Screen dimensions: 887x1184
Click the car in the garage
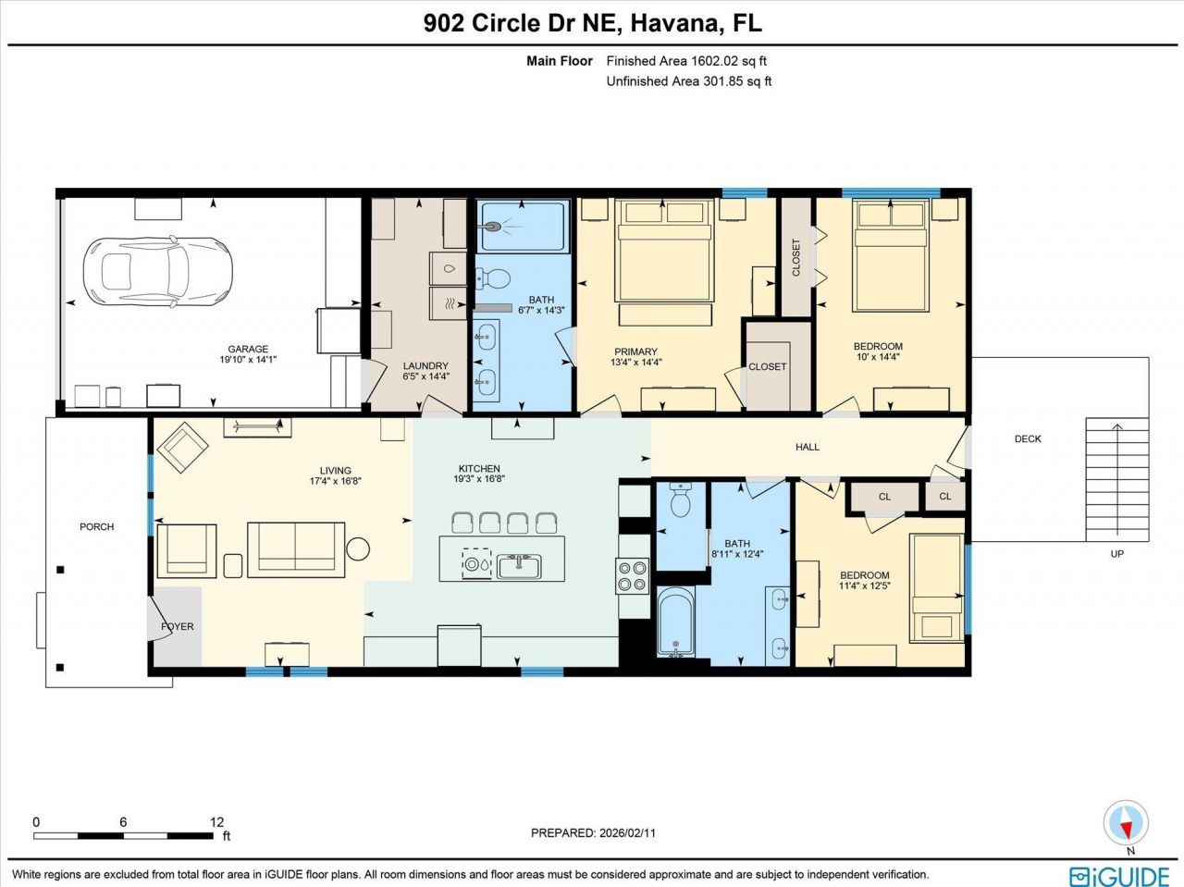pos(156,271)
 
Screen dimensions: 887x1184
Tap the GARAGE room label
pos(248,350)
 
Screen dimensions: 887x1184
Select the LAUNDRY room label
pos(425,366)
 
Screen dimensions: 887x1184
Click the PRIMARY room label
pos(635,351)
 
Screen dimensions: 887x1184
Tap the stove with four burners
pos(633,576)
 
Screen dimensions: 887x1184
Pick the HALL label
pos(808,447)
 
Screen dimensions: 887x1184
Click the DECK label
pos(1028,439)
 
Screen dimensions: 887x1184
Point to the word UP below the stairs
pos(1117,554)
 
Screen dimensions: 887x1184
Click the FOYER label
pos(178,626)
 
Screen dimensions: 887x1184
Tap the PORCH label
pos(96,526)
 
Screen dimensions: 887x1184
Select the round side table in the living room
pos(358,548)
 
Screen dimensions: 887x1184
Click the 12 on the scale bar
pos(216,821)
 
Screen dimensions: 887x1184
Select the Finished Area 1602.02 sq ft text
pos(686,61)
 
